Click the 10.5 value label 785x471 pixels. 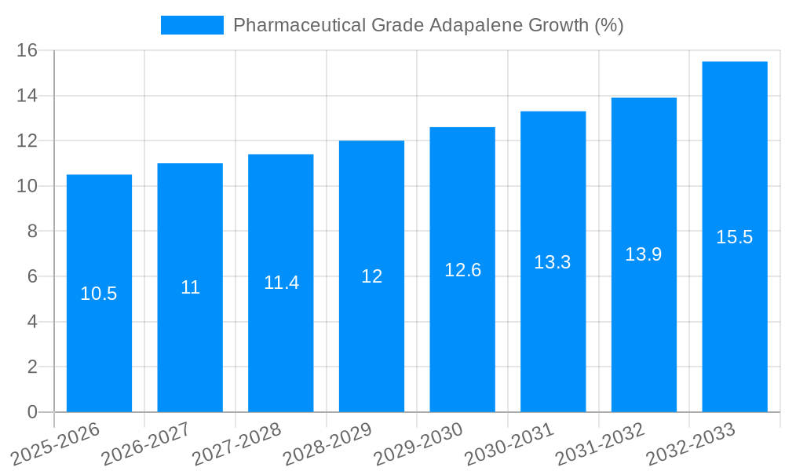(x=99, y=294)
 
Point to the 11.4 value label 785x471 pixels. (x=281, y=283)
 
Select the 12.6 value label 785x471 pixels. (x=462, y=270)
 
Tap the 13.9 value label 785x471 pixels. (x=644, y=254)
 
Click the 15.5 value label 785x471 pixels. (x=734, y=237)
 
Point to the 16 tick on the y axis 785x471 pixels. (x=27, y=50)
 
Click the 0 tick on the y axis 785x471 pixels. (x=32, y=412)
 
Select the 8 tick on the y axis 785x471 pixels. (x=32, y=232)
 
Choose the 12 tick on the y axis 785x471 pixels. (x=27, y=141)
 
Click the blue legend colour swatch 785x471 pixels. (x=192, y=25)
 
